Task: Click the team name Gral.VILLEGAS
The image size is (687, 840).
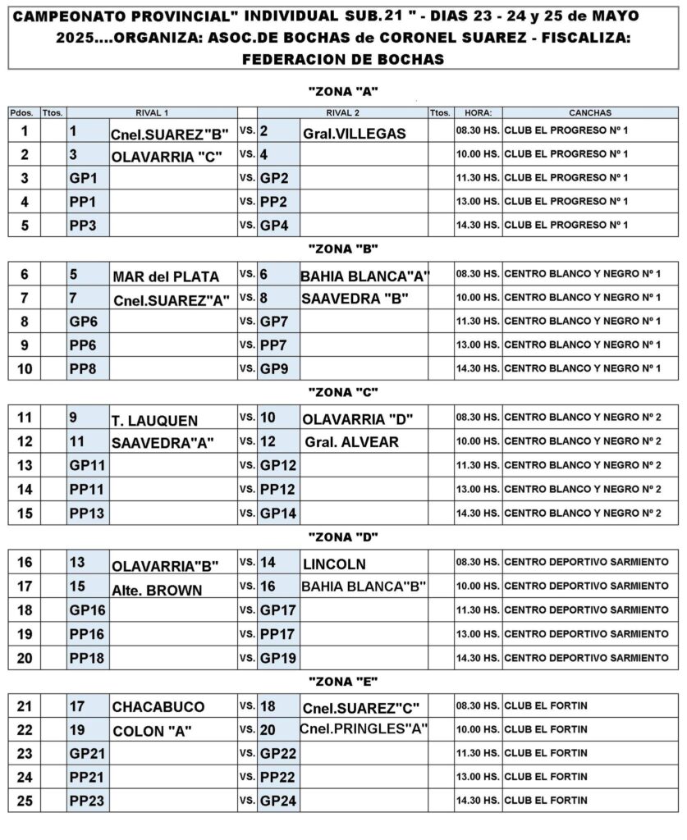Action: click(354, 134)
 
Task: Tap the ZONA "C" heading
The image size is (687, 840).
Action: click(342, 391)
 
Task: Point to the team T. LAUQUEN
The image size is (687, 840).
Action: click(154, 420)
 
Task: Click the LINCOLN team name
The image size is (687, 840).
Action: click(334, 564)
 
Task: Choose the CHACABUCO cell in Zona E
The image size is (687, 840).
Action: click(158, 706)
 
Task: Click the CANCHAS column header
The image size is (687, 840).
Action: click(589, 112)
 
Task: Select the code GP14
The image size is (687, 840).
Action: click(279, 514)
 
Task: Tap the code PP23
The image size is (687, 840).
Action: click(87, 801)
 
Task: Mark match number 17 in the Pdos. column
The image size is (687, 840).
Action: click(25, 587)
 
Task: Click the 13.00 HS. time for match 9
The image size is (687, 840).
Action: click(478, 345)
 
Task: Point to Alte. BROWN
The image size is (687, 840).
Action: click(157, 589)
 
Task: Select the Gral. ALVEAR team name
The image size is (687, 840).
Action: click(351, 442)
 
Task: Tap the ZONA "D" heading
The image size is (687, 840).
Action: click(342, 536)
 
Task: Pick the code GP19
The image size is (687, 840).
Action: click(279, 658)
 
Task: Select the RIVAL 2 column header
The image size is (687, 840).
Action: click(341, 112)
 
